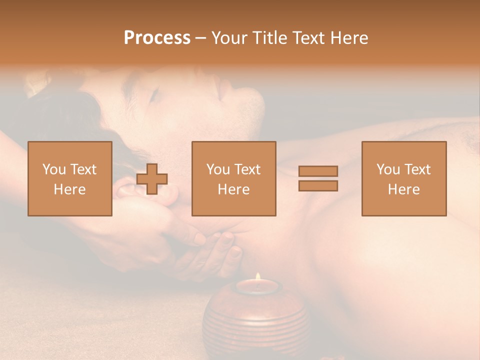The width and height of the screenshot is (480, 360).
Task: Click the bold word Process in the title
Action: [157, 37]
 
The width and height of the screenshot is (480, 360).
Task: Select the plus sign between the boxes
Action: [152, 178]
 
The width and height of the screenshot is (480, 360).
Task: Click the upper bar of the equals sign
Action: [318, 171]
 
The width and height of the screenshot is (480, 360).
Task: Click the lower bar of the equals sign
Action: [318, 185]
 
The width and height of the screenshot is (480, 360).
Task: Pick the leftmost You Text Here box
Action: [70, 178]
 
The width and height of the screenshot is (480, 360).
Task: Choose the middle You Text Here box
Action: [234, 178]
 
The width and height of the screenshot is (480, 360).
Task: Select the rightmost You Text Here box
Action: [404, 178]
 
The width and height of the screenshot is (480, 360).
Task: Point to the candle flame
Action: [258, 276]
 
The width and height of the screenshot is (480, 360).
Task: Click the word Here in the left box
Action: [70, 189]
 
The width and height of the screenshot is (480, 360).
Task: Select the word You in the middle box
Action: [218, 169]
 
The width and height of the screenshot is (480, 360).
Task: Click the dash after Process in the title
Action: [200, 38]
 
